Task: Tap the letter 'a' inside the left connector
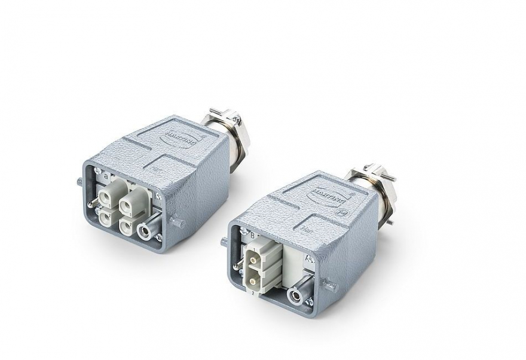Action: [x=106, y=176]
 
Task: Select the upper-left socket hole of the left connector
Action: [x=111, y=195]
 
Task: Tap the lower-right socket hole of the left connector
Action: [x=127, y=227]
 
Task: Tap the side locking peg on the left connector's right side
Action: [x=178, y=222]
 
